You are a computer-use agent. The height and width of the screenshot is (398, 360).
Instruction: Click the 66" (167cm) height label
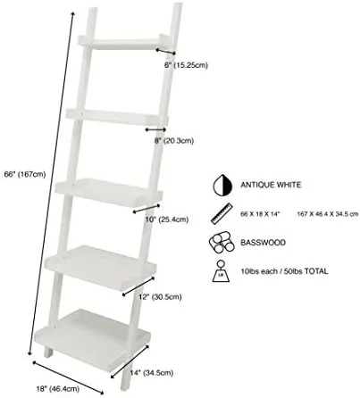(x=25, y=174)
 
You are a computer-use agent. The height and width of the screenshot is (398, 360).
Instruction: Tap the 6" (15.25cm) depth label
(x=186, y=65)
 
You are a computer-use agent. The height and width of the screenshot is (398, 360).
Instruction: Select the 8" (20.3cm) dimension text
(x=174, y=141)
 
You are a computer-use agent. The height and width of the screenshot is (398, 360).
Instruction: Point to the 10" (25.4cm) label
(x=167, y=220)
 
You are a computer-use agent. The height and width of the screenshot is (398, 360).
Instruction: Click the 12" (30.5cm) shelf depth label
(x=160, y=296)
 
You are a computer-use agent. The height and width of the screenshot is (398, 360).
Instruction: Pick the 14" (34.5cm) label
(x=152, y=373)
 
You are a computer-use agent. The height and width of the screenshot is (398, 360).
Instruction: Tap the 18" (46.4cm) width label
(x=58, y=388)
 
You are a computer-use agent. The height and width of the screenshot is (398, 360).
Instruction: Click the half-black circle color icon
(x=222, y=186)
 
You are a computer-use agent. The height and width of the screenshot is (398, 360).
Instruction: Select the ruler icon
(x=222, y=213)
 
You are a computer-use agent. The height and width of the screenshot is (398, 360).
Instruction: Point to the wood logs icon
(x=222, y=243)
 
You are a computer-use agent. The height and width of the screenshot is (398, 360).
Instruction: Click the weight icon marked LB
(x=221, y=271)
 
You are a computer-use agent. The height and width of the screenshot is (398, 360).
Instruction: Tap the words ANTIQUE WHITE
(x=271, y=185)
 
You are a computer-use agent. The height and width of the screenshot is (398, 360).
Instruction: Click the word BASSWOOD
(x=263, y=243)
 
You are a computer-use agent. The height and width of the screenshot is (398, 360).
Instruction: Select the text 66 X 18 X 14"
(x=260, y=214)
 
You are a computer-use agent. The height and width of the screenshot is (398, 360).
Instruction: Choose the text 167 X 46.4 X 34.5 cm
(x=328, y=214)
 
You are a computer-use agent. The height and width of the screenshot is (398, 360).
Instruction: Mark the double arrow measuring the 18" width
(x=68, y=377)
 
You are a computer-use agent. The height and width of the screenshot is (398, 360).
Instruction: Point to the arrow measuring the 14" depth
(x=130, y=361)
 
